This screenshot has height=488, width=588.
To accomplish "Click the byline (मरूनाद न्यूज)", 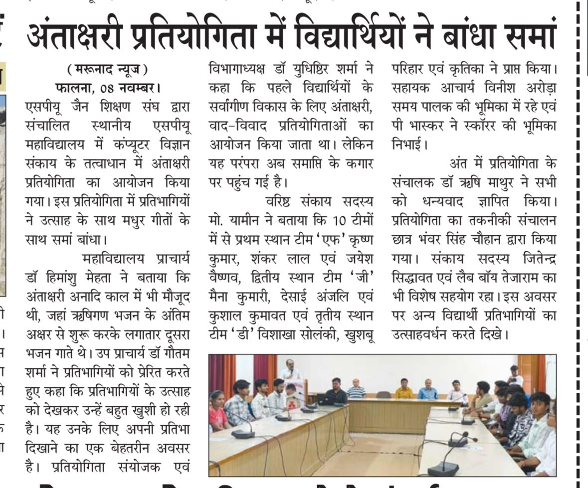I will pos(108,69).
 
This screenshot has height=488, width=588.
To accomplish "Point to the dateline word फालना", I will pos(74,89).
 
